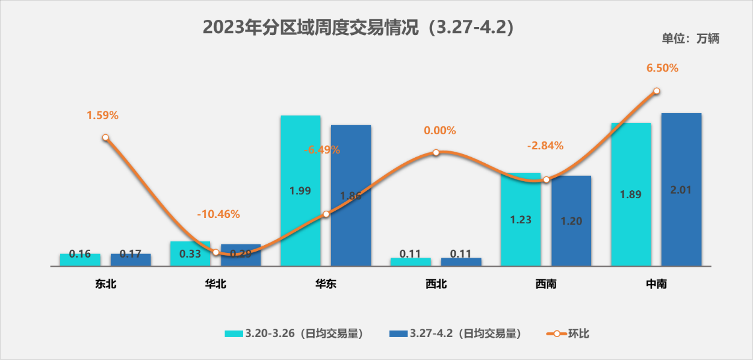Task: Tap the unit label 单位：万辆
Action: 690,39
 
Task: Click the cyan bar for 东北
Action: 80,259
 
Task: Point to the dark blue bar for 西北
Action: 461,262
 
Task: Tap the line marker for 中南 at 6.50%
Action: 657,91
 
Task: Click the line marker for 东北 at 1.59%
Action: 105,137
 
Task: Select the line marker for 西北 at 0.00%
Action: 436,152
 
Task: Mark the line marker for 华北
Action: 215,252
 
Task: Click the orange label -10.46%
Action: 218,214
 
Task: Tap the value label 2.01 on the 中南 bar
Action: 681,190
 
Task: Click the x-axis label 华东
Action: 326,284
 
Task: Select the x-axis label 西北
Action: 436,284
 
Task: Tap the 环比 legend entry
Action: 568,334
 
